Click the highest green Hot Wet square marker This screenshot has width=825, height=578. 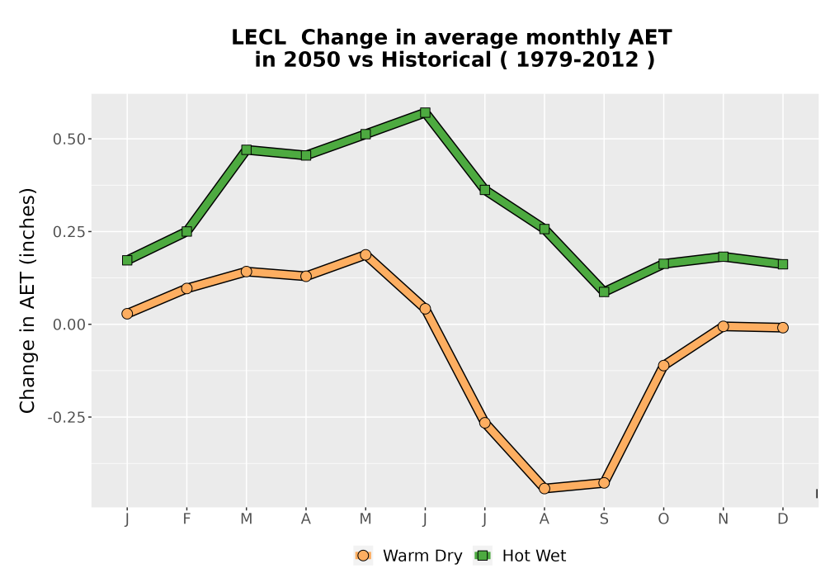click(x=425, y=112)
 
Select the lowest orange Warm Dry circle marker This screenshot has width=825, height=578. click(x=544, y=489)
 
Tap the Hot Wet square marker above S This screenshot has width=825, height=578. click(x=604, y=291)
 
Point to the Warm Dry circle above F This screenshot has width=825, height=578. click(x=186, y=288)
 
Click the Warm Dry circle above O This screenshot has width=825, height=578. click(x=663, y=365)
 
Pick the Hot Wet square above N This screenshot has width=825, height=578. click(x=724, y=257)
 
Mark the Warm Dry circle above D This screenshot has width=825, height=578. click(x=783, y=328)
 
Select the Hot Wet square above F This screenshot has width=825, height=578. click(x=186, y=232)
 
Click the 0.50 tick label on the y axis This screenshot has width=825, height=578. click(x=69, y=140)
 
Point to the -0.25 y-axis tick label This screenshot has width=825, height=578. click(x=66, y=418)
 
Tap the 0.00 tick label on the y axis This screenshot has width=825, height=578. click(x=69, y=325)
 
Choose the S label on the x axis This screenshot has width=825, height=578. click(x=604, y=519)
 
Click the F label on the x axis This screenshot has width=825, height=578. click(x=186, y=519)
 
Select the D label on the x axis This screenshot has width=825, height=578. click(x=783, y=519)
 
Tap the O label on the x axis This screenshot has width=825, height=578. click(x=663, y=519)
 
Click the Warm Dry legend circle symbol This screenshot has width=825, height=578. click(x=363, y=556)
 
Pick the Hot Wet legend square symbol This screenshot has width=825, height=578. click(x=483, y=556)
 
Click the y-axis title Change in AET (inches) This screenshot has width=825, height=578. click(x=27, y=301)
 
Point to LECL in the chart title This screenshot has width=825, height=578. click(x=259, y=38)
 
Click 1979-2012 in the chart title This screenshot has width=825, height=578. click(x=577, y=59)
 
